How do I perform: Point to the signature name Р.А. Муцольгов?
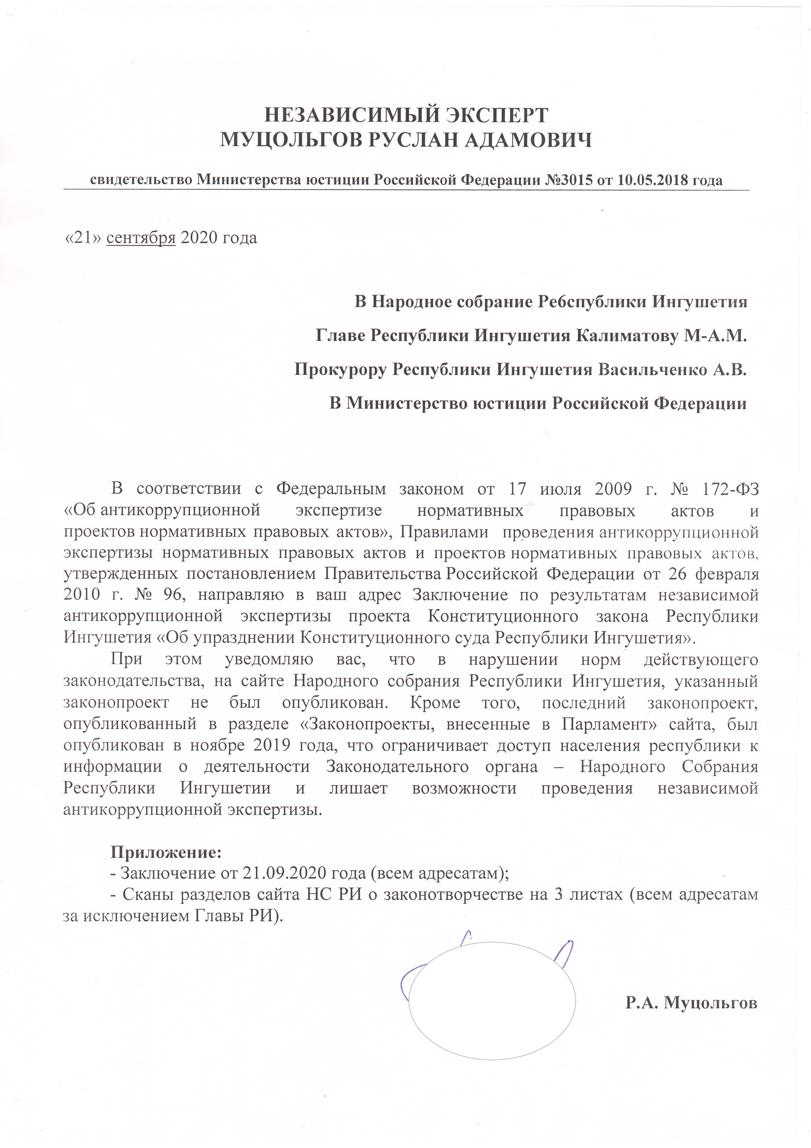point(691,1003)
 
